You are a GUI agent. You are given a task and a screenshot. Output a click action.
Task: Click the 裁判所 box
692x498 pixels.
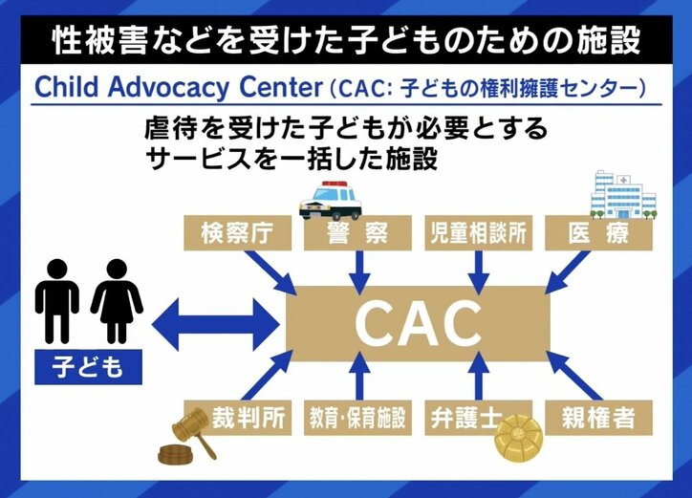(x=237, y=417)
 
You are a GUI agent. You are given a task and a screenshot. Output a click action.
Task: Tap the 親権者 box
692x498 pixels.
(x=599, y=417)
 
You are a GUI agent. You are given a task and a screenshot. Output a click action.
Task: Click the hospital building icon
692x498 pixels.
(x=622, y=194)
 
